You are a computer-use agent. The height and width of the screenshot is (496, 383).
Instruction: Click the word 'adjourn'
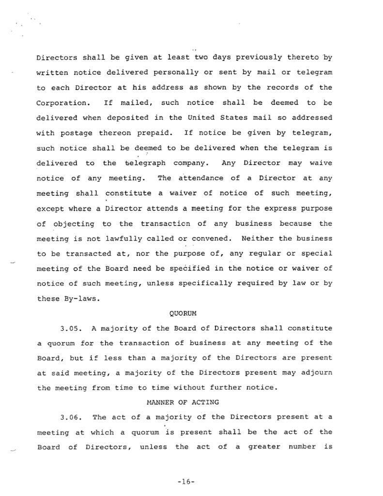point(316,373)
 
